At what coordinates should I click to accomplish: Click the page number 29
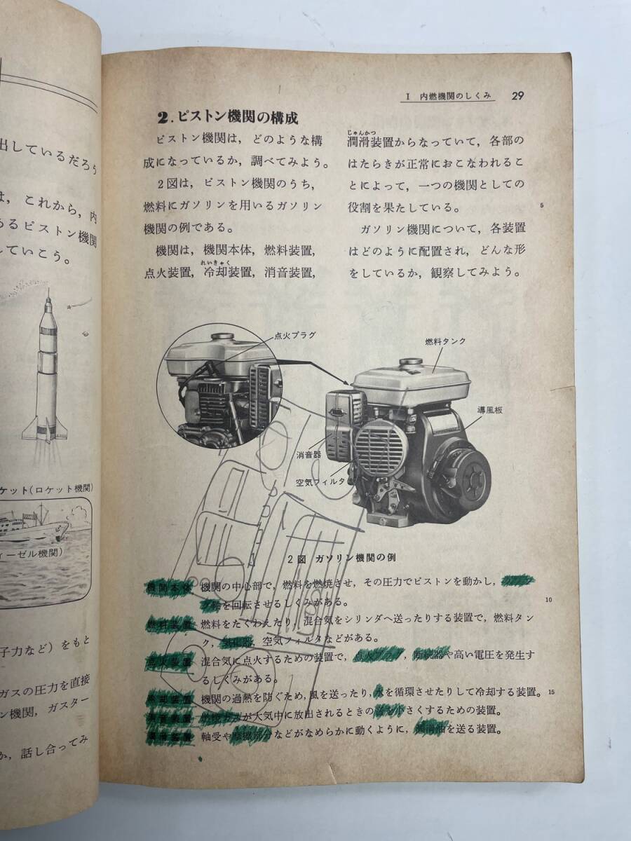[x=520, y=96]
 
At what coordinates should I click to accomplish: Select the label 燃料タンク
[x=445, y=341]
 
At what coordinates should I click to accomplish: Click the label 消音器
[x=308, y=454]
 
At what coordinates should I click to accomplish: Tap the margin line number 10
[x=548, y=600]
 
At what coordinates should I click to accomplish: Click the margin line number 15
[x=551, y=693]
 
